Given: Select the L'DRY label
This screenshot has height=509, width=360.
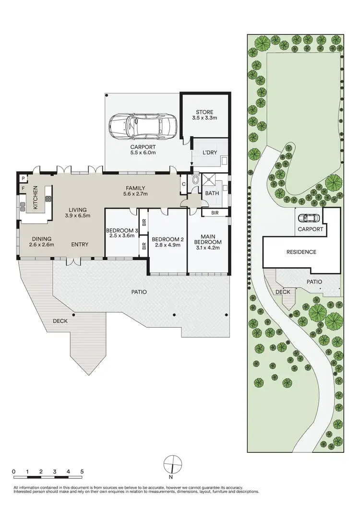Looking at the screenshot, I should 210,152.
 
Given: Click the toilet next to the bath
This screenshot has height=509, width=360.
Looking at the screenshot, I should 194,181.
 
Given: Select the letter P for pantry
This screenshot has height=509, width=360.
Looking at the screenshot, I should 23,178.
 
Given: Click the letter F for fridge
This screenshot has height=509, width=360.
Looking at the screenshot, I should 23,189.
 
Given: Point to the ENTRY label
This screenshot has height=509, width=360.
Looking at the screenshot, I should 80,245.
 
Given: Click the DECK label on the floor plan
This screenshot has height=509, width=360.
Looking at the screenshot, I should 60,321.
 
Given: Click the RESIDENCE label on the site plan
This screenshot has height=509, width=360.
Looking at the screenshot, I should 301,252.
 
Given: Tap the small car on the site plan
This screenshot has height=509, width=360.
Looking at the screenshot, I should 309,218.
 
